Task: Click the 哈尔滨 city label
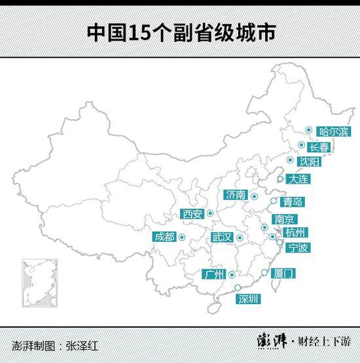pos(333,131)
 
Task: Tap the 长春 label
pos(319,147)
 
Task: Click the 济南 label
pos(235,194)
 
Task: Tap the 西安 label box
pos(192,213)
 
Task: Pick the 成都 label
pos(164,237)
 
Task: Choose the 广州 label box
pos(214,274)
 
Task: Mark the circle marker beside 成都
pos(181,237)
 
